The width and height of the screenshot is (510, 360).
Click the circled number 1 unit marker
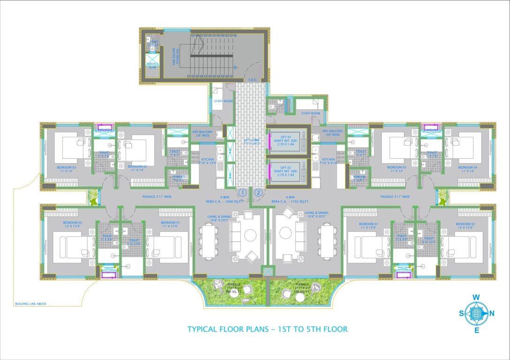click(x=243, y=192)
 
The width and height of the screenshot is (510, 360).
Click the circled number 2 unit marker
click(x=258, y=192)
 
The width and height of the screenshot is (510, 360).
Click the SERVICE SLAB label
click(x=153, y=66)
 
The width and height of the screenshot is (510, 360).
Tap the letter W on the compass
click(x=475, y=297)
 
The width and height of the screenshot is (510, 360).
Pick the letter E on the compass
click(x=477, y=330)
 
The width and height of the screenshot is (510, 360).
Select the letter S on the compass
click(x=461, y=314)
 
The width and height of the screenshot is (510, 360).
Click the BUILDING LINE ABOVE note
click(x=30, y=304)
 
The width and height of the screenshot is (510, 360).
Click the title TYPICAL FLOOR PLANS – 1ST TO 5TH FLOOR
click(x=267, y=329)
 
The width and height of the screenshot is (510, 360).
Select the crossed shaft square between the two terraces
click(x=268, y=272)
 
